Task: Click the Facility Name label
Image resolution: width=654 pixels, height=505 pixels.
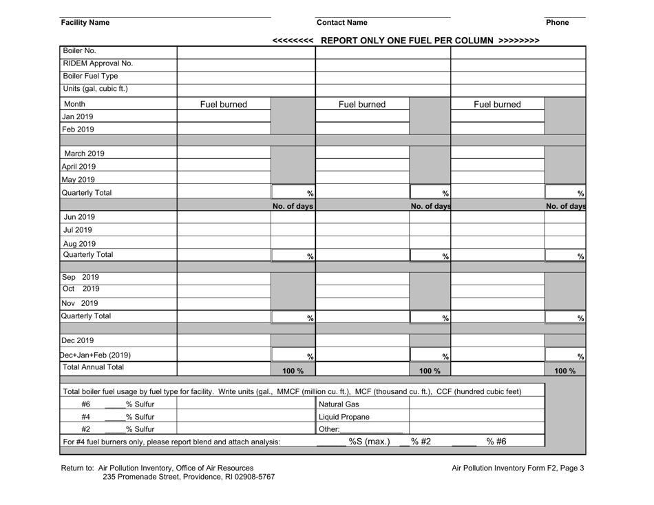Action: [85, 23]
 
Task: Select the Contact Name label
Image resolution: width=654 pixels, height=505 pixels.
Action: [341, 23]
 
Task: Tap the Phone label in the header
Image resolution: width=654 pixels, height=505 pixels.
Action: [556, 23]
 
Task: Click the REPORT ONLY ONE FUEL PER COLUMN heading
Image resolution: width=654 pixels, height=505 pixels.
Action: [406, 40]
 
